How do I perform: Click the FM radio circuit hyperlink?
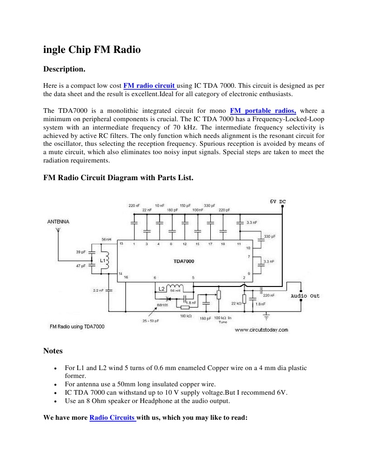(149, 85)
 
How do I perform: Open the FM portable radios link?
(263, 111)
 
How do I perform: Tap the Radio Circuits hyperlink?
(112, 417)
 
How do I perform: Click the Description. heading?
(64, 69)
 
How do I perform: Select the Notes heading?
(53, 351)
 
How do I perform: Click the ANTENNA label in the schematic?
(58, 221)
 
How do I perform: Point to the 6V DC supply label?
(278, 202)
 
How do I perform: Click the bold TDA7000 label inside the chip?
(184, 261)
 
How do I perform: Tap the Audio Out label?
(305, 296)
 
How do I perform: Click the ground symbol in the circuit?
(267, 316)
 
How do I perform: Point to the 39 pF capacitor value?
(81, 252)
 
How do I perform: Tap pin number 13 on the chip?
(121, 243)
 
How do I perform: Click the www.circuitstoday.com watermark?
(261, 330)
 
